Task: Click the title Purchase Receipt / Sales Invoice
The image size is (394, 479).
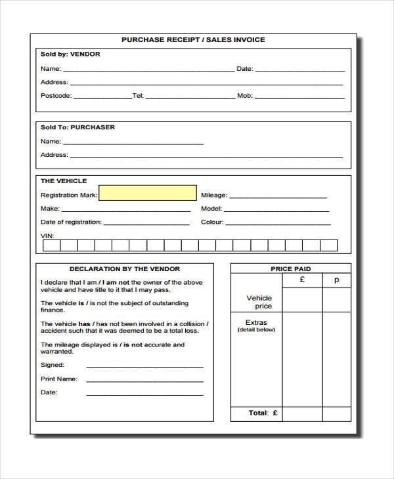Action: click(193, 40)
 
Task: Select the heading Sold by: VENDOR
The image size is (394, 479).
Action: click(70, 54)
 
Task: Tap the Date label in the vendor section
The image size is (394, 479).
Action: click(244, 68)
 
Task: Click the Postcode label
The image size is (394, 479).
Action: click(56, 96)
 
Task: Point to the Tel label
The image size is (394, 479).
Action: click(138, 96)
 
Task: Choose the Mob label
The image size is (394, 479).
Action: click(245, 96)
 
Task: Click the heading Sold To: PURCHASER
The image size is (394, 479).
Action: click(77, 127)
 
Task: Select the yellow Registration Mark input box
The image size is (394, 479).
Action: click(147, 193)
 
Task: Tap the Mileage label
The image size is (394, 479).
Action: click(214, 195)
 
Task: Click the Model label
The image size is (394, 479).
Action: click(211, 209)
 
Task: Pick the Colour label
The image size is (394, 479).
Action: click(213, 222)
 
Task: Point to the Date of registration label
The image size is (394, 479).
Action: click(71, 222)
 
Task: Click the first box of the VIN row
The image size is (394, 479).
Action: click(52, 245)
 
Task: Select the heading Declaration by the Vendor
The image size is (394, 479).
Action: click(125, 269)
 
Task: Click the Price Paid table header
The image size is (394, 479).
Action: click(291, 269)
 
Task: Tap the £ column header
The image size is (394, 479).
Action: click(302, 280)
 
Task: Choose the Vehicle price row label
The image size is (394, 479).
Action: click(259, 302)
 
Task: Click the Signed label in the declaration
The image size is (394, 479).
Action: click(53, 365)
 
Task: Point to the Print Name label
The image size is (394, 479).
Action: click(58, 379)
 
